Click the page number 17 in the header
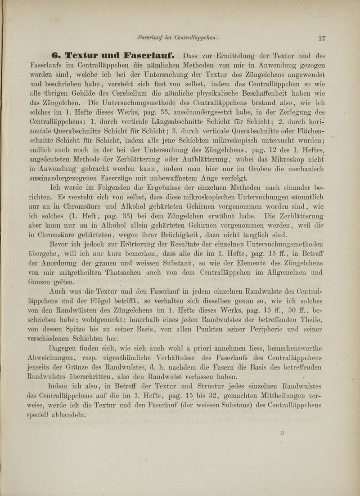321,39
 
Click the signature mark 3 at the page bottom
283,433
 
